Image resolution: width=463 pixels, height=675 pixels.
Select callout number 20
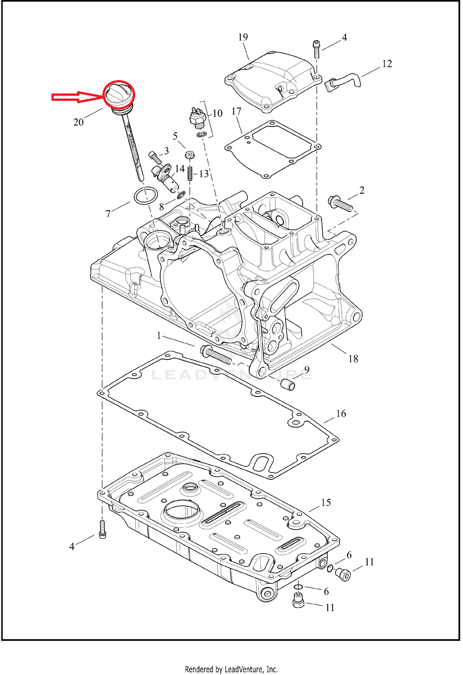click(x=78, y=122)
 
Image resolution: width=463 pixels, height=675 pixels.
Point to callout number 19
click(x=243, y=37)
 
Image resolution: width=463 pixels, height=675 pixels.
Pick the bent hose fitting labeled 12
click(x=342, y=81)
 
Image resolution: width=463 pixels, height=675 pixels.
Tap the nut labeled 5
click(x=189, y=155)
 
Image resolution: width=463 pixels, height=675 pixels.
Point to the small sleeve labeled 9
click(x=288, y=384)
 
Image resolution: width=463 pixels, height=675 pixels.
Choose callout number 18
click(x=353, y=359)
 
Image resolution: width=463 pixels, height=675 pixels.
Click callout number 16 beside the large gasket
click(x=341, y=414)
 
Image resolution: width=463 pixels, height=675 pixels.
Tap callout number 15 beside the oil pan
click(x=326, y=502)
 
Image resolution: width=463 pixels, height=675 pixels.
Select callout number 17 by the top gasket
click(x=237, y=111)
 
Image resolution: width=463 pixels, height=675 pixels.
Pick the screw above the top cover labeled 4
click(x=316, y=49)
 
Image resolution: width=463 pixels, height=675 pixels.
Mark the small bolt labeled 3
click(x=155, y=158)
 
